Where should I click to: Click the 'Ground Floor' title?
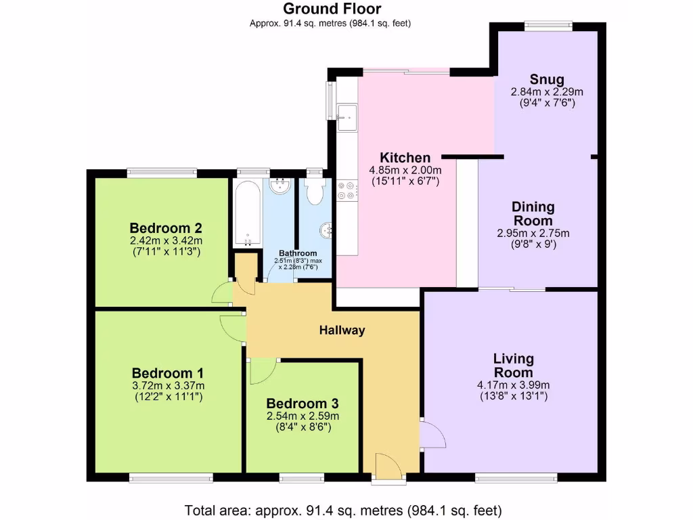(332, 9)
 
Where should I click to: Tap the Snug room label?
(547, 79)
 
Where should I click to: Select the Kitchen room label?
(405, 158)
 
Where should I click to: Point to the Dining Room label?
(533, 213)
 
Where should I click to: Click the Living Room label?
(512, 365)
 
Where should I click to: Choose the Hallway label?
(342, 330)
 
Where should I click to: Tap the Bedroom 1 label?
(167, 373)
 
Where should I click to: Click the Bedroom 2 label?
(166, 227)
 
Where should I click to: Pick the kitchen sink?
(348, 116)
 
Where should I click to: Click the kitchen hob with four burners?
(347, 190)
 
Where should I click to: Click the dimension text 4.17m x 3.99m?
(512, 385)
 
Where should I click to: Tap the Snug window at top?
(548, 26)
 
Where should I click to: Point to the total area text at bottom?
(343, 510)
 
